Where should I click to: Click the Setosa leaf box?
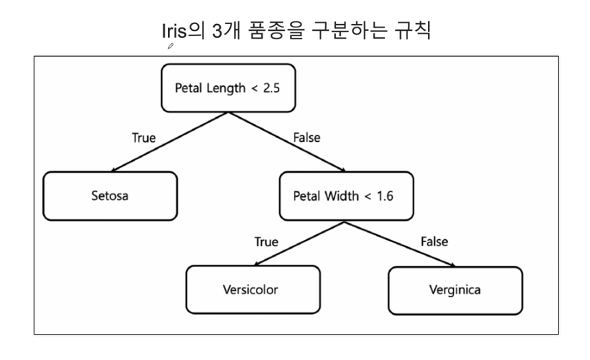(x=110, y=196)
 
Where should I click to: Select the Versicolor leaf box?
(x=253, y=289)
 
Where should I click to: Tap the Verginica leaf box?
(x=455, y=291)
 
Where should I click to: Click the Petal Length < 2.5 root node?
(x=229, y=88)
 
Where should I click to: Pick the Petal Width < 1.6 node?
(x=346, y=196)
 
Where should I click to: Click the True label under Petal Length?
(x=144, y=138)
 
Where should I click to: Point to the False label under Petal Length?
(x=307, y=138)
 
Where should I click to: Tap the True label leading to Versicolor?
(x=267, y=241)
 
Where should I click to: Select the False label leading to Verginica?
(x=434, y=241)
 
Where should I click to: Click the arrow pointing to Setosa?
(x=169, y=142)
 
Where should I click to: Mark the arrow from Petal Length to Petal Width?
(x=287, y=142)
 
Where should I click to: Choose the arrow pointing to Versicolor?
(x=299, y=244)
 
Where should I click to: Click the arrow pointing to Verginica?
(x=400, y=244)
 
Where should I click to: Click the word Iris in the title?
(x=174, y=31)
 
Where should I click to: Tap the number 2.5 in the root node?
(x=271, y=88)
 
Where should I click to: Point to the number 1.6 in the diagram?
(x=385, y=196)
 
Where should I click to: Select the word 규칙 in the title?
(x=413, y=31)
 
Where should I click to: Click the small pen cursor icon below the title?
(x=171, y=46)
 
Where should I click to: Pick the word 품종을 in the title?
(x=276, y=31)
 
